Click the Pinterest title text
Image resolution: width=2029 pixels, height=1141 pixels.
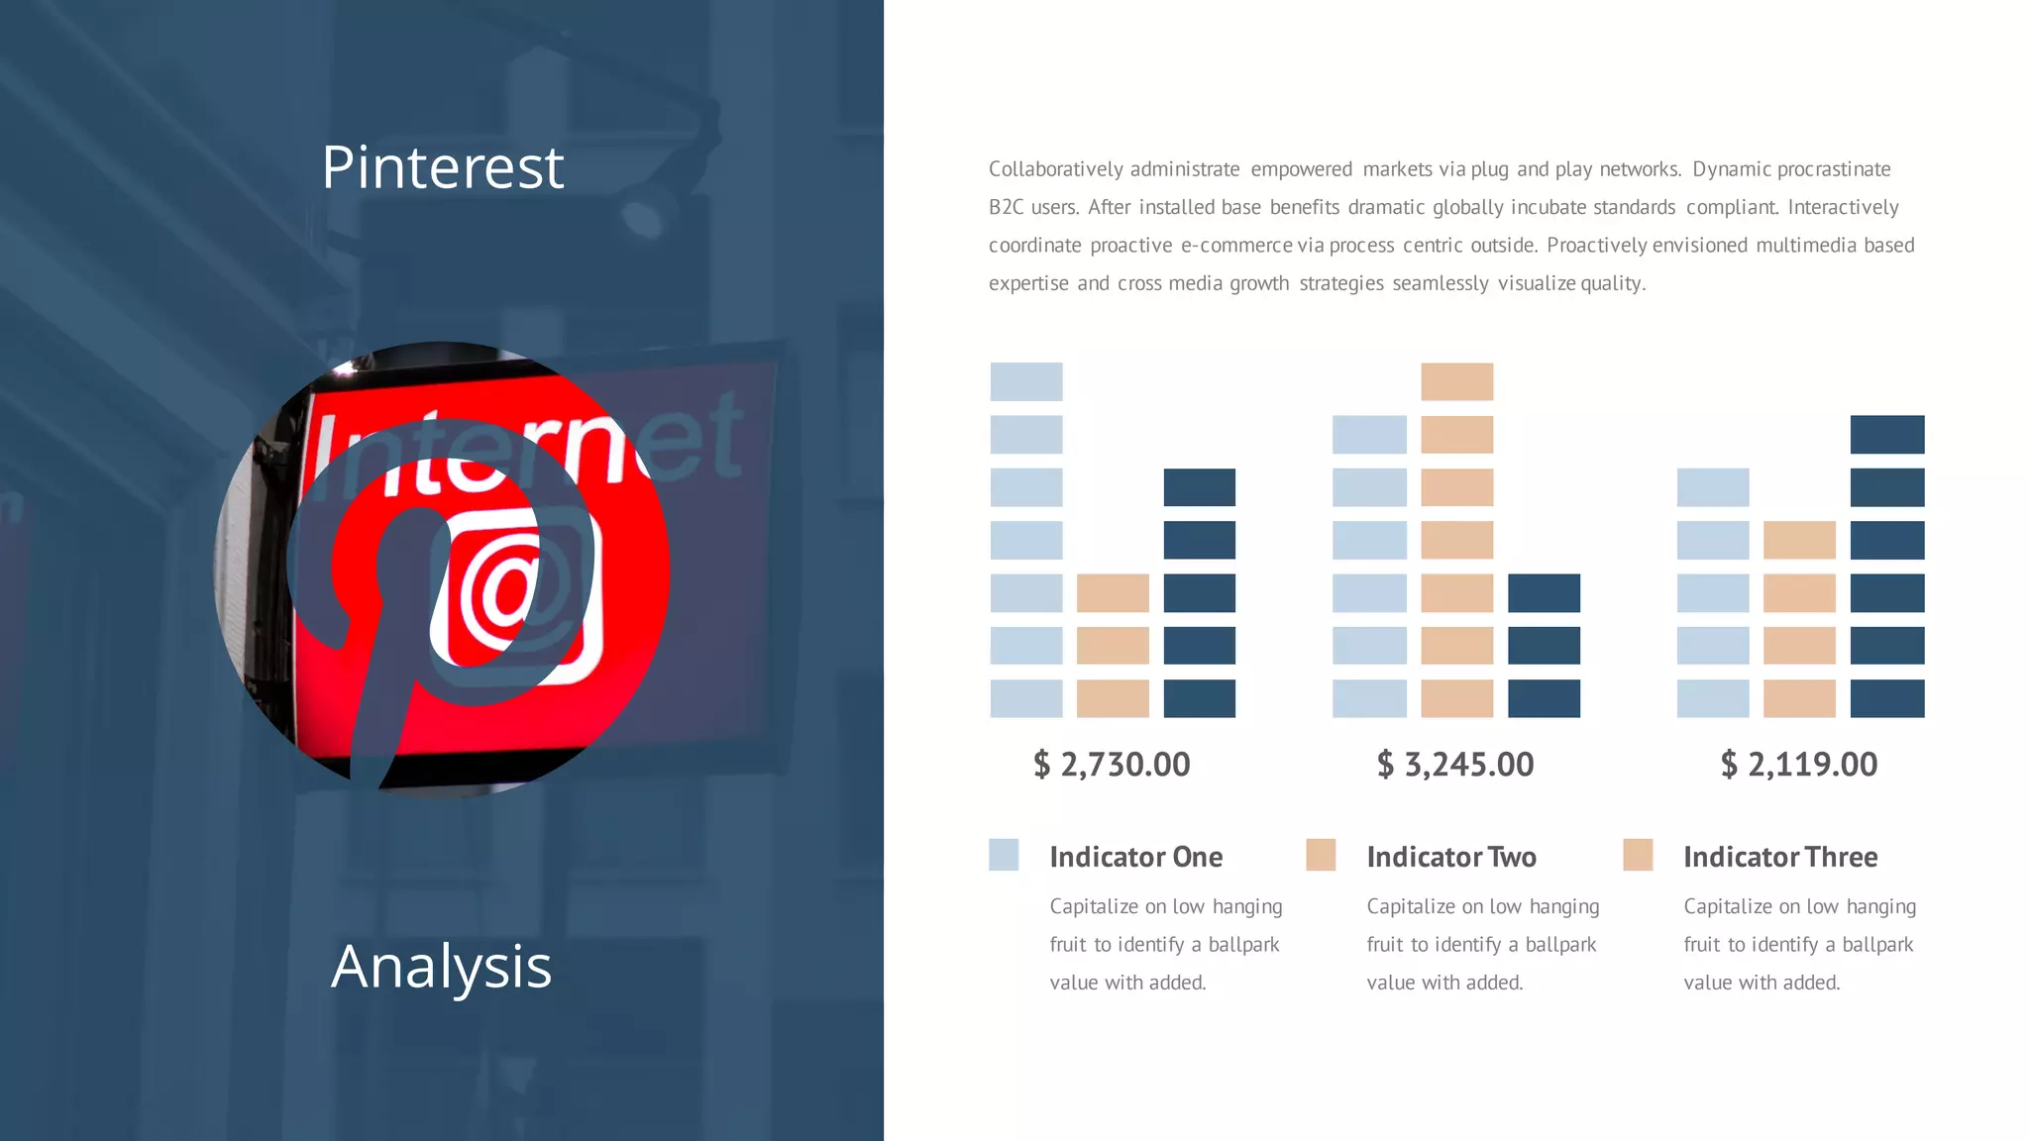point(442,166)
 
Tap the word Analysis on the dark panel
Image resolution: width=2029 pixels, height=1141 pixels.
point(441,967)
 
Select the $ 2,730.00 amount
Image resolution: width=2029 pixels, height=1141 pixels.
point(1112,765)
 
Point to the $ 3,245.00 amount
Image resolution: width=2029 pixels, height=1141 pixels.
point(1455,765)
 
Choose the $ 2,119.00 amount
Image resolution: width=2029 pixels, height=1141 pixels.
point(1799,765)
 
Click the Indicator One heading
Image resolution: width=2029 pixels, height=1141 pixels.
point(1135,857)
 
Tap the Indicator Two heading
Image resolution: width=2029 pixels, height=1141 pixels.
point(1451,857)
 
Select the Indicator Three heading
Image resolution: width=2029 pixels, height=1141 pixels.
point(1780,857)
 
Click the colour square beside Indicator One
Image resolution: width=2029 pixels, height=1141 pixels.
point(1004,855)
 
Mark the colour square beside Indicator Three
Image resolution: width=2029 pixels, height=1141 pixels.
point(1638,855)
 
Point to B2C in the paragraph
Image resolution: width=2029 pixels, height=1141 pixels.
point(1006,208)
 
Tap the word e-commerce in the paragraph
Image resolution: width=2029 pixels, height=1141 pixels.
point(1236,246)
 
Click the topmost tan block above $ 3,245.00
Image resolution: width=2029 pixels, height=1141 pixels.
point(1456,381)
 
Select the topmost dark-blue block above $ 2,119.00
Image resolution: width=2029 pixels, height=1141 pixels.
point(1886,435)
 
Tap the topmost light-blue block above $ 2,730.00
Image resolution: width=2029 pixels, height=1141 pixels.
point(1026,381)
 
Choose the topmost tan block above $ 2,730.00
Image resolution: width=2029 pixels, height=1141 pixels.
point(1113,593)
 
